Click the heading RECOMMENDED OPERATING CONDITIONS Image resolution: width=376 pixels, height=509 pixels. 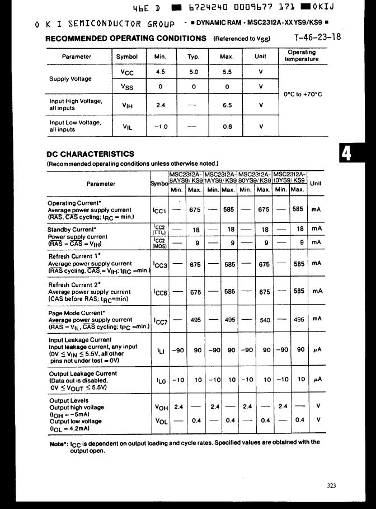[126, 39]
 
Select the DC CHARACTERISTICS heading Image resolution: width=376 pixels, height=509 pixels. [90, 154]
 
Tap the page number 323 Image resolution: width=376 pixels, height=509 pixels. [332, 485]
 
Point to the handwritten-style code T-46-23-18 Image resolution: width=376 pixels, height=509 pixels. [317, 38]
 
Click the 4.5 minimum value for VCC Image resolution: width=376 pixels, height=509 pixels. [160, 72]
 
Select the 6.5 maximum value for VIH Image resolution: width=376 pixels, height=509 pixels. [227, 105]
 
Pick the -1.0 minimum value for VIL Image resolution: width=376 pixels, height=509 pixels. [160, 127]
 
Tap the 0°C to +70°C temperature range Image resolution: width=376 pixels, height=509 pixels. [303, 94]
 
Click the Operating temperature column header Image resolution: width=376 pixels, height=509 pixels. [302, 55]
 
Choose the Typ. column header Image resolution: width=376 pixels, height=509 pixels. [194, 57]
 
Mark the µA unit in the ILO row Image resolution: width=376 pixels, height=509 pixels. [317, 379]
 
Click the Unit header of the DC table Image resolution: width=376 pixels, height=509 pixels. [316, 183]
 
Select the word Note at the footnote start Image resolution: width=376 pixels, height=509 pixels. [58, 442]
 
